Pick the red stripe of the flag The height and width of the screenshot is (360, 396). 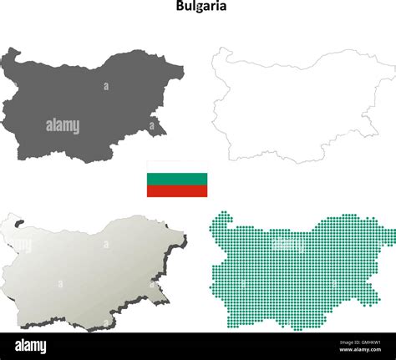coord(177,190)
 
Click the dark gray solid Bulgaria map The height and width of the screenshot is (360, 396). coord(84,104)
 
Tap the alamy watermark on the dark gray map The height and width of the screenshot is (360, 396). coord(63,126)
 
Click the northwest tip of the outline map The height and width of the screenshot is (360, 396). coord(219,50)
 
